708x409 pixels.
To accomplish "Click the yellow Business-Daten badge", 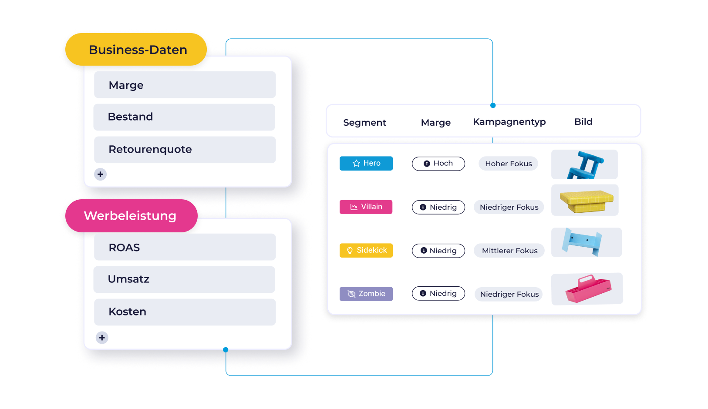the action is tap(136, 50).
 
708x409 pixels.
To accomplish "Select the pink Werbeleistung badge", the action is tap(131, 216).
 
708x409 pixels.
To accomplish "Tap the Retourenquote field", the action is tap(185, 149).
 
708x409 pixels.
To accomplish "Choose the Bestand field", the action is tap(184, 117).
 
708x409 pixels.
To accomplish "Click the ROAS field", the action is tap(185, 247).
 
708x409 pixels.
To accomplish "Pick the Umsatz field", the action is tap(184, 279).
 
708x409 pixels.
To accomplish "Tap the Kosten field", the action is tap(185, 312).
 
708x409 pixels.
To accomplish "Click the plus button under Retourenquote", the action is tap(100, 174).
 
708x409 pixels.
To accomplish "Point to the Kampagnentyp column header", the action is tap(509, 122).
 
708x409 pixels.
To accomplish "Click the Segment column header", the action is tap(364, 123).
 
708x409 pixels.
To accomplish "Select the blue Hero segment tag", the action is tap(366, 163).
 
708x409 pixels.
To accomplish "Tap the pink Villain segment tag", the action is tap(366, 207).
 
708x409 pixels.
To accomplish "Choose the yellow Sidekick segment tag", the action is tap(366, 251).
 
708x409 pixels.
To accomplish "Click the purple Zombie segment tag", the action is tap(366, 294).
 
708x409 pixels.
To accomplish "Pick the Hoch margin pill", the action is tap(438, 164).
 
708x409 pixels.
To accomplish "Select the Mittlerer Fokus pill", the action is tap(509, 251).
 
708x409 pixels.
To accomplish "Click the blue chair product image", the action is tap(584, 164).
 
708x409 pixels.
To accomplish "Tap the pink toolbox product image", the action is tap(587, 289).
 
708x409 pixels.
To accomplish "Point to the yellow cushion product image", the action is tap(585, 200).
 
